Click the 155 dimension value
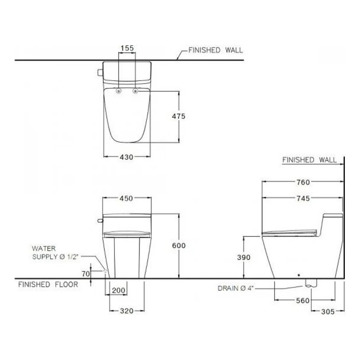tap(127, 48)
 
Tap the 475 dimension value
tap(178, 116)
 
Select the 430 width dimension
tap(126, 157)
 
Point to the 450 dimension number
tap(127, 198)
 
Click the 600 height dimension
tap(178, 246)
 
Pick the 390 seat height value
tap(244, 257)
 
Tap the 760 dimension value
tap(303, 182)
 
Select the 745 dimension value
tap(303, 198)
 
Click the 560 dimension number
tap(303, 301)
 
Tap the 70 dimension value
tap(85, 274)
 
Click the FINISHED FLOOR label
tap(48, 284)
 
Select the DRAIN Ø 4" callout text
tap(236, 288)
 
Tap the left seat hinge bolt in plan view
tap(119, 91)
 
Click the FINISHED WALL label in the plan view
tap(215, 50)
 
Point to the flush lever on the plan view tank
tap(100, 72)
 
